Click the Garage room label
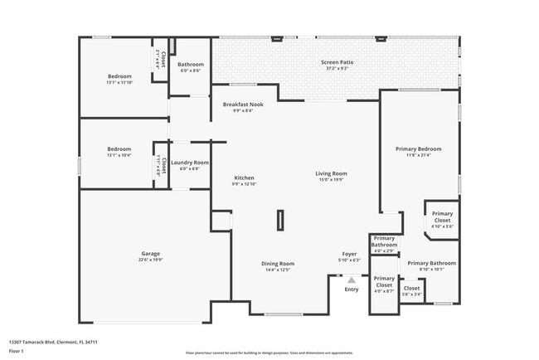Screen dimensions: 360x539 click(150, 253)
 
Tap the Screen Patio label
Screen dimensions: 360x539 click(337, 63)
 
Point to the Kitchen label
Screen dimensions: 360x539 click(244, 178)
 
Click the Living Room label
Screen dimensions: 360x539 click(331, 173)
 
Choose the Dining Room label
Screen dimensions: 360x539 click(279, 264)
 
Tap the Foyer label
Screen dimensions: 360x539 click(350, 254)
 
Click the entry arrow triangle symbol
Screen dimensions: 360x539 click(352, 280)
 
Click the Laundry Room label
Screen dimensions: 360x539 click(190, 163)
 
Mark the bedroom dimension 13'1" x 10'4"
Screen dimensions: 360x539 click(119, 155)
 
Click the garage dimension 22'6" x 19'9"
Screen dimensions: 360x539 click(150, 260)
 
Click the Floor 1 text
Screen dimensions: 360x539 click(16, 351)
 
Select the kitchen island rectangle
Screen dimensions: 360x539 click(281, 219)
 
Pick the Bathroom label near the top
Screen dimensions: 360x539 click(191, 64)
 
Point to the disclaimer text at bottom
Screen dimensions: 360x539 click(269, 352)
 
